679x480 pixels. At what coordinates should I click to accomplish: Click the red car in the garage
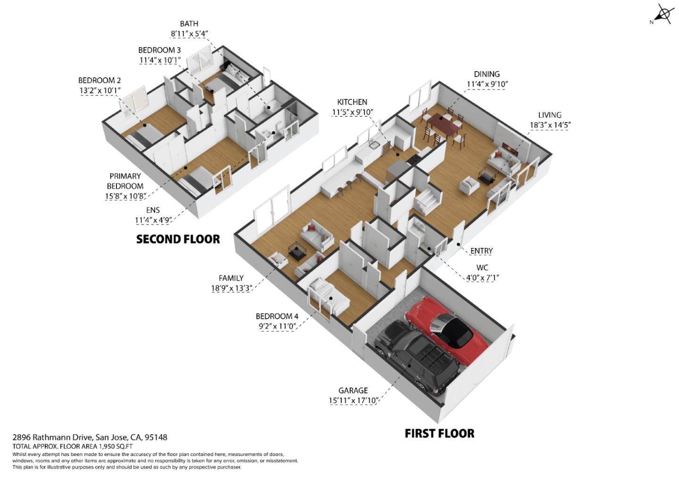tap(441, 328)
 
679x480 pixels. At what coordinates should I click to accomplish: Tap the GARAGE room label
tap(353, 390)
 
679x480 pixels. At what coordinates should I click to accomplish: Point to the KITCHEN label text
tap(352, 102)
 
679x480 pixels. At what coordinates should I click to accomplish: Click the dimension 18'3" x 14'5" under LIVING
tap(550, 125)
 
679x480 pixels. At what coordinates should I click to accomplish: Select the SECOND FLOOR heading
tap(178, 239)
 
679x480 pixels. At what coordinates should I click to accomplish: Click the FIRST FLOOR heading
tap(439, 433)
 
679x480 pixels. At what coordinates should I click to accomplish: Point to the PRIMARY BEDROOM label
tap(125, 181)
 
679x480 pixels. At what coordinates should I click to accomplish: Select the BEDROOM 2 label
tap(99, 80)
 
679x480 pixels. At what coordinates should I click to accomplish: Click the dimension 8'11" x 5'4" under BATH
tap(189, 33)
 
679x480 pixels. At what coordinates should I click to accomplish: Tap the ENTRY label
tap(481, 251)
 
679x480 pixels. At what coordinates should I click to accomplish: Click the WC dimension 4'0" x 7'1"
tap(482, 278)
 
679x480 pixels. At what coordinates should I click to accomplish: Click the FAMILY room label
tap(231, 278)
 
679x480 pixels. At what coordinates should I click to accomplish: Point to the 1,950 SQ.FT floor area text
tap(116, 446)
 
